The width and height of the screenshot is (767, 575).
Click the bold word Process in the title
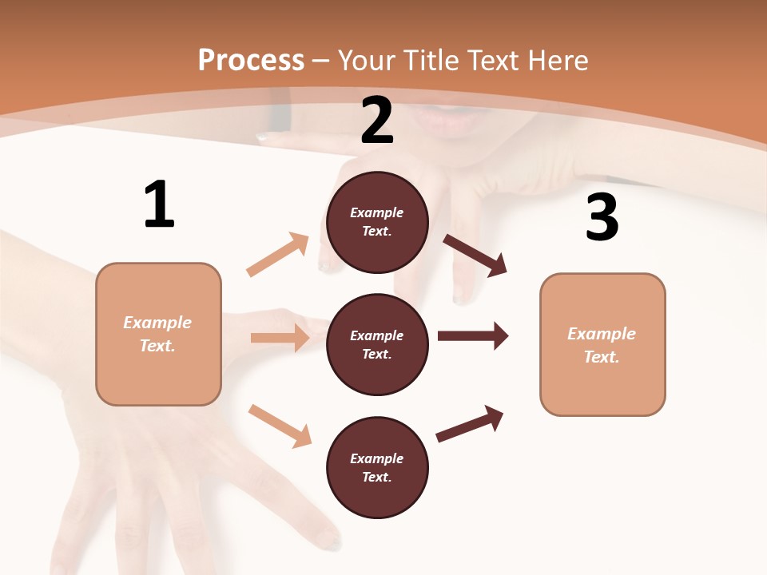coord(251,60)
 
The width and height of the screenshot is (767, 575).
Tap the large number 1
coord(159,204)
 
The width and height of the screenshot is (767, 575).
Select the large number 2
coord(377,121)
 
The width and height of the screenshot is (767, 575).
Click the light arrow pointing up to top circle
coord(278,255)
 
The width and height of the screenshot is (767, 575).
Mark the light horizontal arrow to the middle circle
coord(280,338)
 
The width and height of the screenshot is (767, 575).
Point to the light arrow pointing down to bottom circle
coord(280,425)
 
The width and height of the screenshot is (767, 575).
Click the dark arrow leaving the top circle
coord(475,256)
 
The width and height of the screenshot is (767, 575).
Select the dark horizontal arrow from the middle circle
coord(473,335)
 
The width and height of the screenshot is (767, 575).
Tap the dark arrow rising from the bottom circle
coord(470,424)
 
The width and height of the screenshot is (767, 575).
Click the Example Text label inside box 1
coord(157,334)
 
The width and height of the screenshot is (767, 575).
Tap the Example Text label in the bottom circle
coord(377,467)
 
